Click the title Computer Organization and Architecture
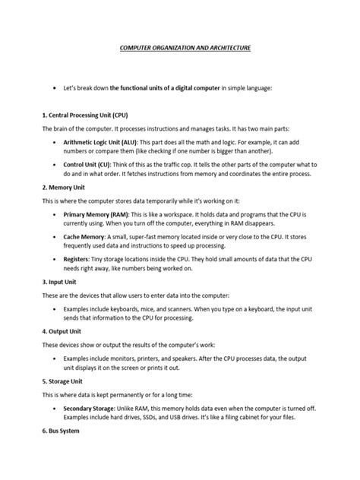pyautogui.click(x=180, y=47)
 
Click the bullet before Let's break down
pyautogui.click(x=56, y=88)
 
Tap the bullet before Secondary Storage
pyautogui.click(x=56, y=409)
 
